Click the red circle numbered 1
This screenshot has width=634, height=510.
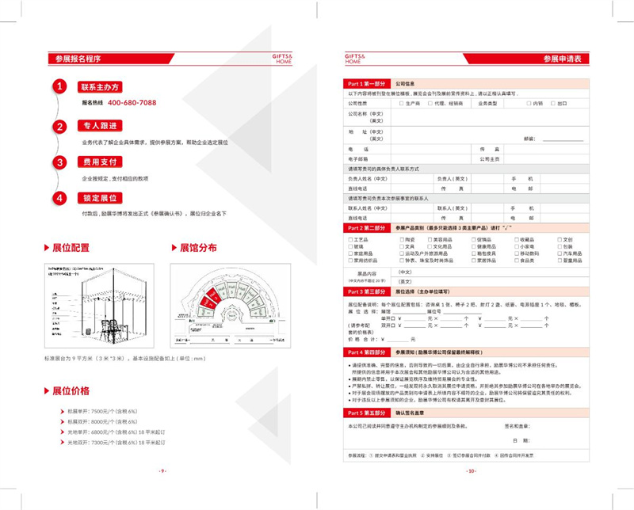[x=59, y=87]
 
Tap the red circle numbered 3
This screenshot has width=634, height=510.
[x=59, y=162]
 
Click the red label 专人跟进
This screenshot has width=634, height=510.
[x=99, y=125]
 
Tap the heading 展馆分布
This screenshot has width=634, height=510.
[x=193, y=248]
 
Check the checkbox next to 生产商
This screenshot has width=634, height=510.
[x=401, y=103]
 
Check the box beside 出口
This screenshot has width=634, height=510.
[x=552, y=103]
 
